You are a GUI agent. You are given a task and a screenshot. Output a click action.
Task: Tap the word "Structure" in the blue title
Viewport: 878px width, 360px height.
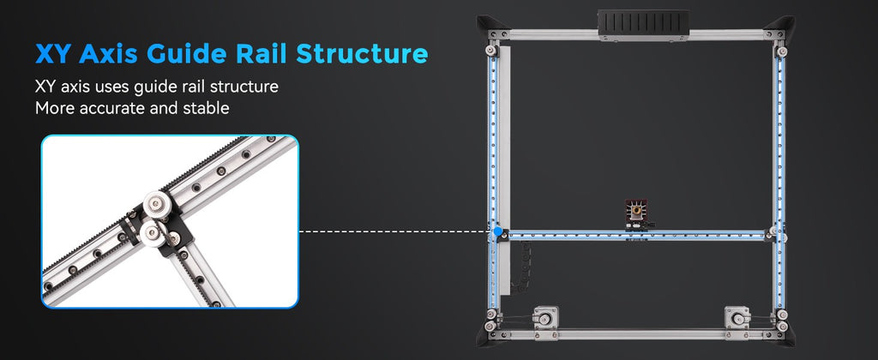[x=362, y=54]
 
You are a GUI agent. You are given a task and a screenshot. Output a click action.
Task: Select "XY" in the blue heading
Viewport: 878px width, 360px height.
[x=54, y=54]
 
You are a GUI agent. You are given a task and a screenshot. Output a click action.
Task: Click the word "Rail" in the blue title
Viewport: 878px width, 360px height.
[x=260, y=54]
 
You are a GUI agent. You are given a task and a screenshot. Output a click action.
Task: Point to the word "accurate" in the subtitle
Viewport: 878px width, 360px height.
[x=112, y=107]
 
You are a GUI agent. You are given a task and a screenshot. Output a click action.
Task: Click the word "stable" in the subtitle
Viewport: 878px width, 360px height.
[x=206, y=107]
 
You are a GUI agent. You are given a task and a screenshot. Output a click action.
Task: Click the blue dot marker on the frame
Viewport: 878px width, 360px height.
[x=498, y=231]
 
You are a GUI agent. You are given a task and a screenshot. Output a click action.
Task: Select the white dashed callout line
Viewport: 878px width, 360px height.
[x=396, y=231]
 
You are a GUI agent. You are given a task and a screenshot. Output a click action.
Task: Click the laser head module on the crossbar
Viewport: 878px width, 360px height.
[x=637, y=215]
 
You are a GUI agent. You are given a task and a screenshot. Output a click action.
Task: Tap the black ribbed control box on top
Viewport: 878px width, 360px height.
[x=643, y=25]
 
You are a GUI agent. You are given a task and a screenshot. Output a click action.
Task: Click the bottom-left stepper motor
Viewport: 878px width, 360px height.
[x=543, y=318]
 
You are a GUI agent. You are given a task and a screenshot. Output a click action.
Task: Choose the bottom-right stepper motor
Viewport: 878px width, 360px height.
[x=737, y=318]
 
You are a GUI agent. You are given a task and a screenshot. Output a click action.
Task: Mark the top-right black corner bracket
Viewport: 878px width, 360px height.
[x=781, y=25]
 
